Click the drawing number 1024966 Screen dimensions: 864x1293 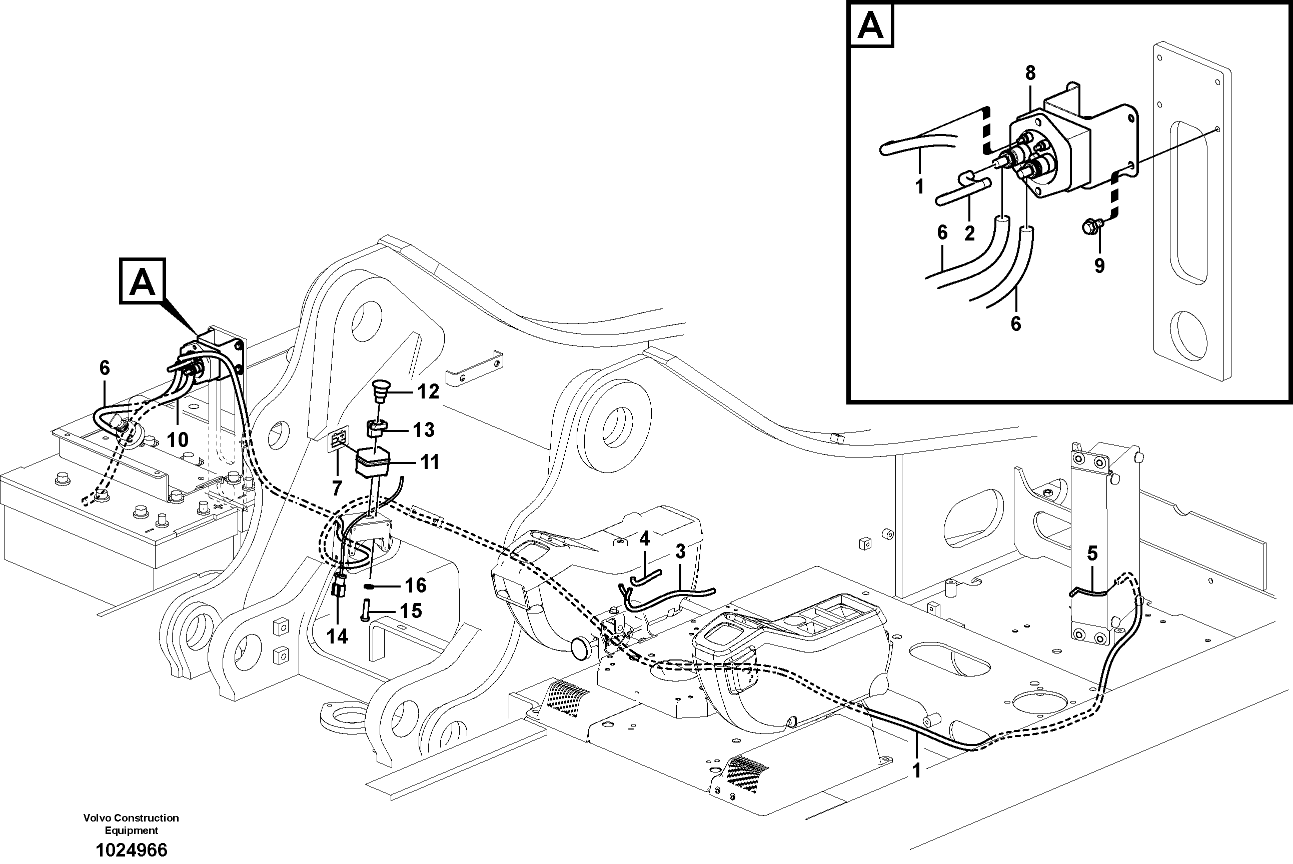(x=132, y=849)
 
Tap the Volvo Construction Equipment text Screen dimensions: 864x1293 (x=131, y=824)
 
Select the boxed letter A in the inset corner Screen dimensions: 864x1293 (x=871, y=25)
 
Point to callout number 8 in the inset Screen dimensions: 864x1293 (x=1030, y=72)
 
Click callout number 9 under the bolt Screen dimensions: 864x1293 (x=1099, y=265)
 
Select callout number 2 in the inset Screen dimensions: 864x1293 (x=969, y=233)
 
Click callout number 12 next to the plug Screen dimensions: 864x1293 (x=428, y=392)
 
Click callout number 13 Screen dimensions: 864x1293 (x=423, y=430)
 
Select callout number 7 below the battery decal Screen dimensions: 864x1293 (x=337, y=487)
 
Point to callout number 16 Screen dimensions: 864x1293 (x=416, y=585)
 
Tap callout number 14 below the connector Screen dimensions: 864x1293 (x=337, y=636)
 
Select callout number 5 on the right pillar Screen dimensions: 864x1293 (x=1092, y=553)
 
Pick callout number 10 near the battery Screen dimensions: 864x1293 (x=177, y=439)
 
